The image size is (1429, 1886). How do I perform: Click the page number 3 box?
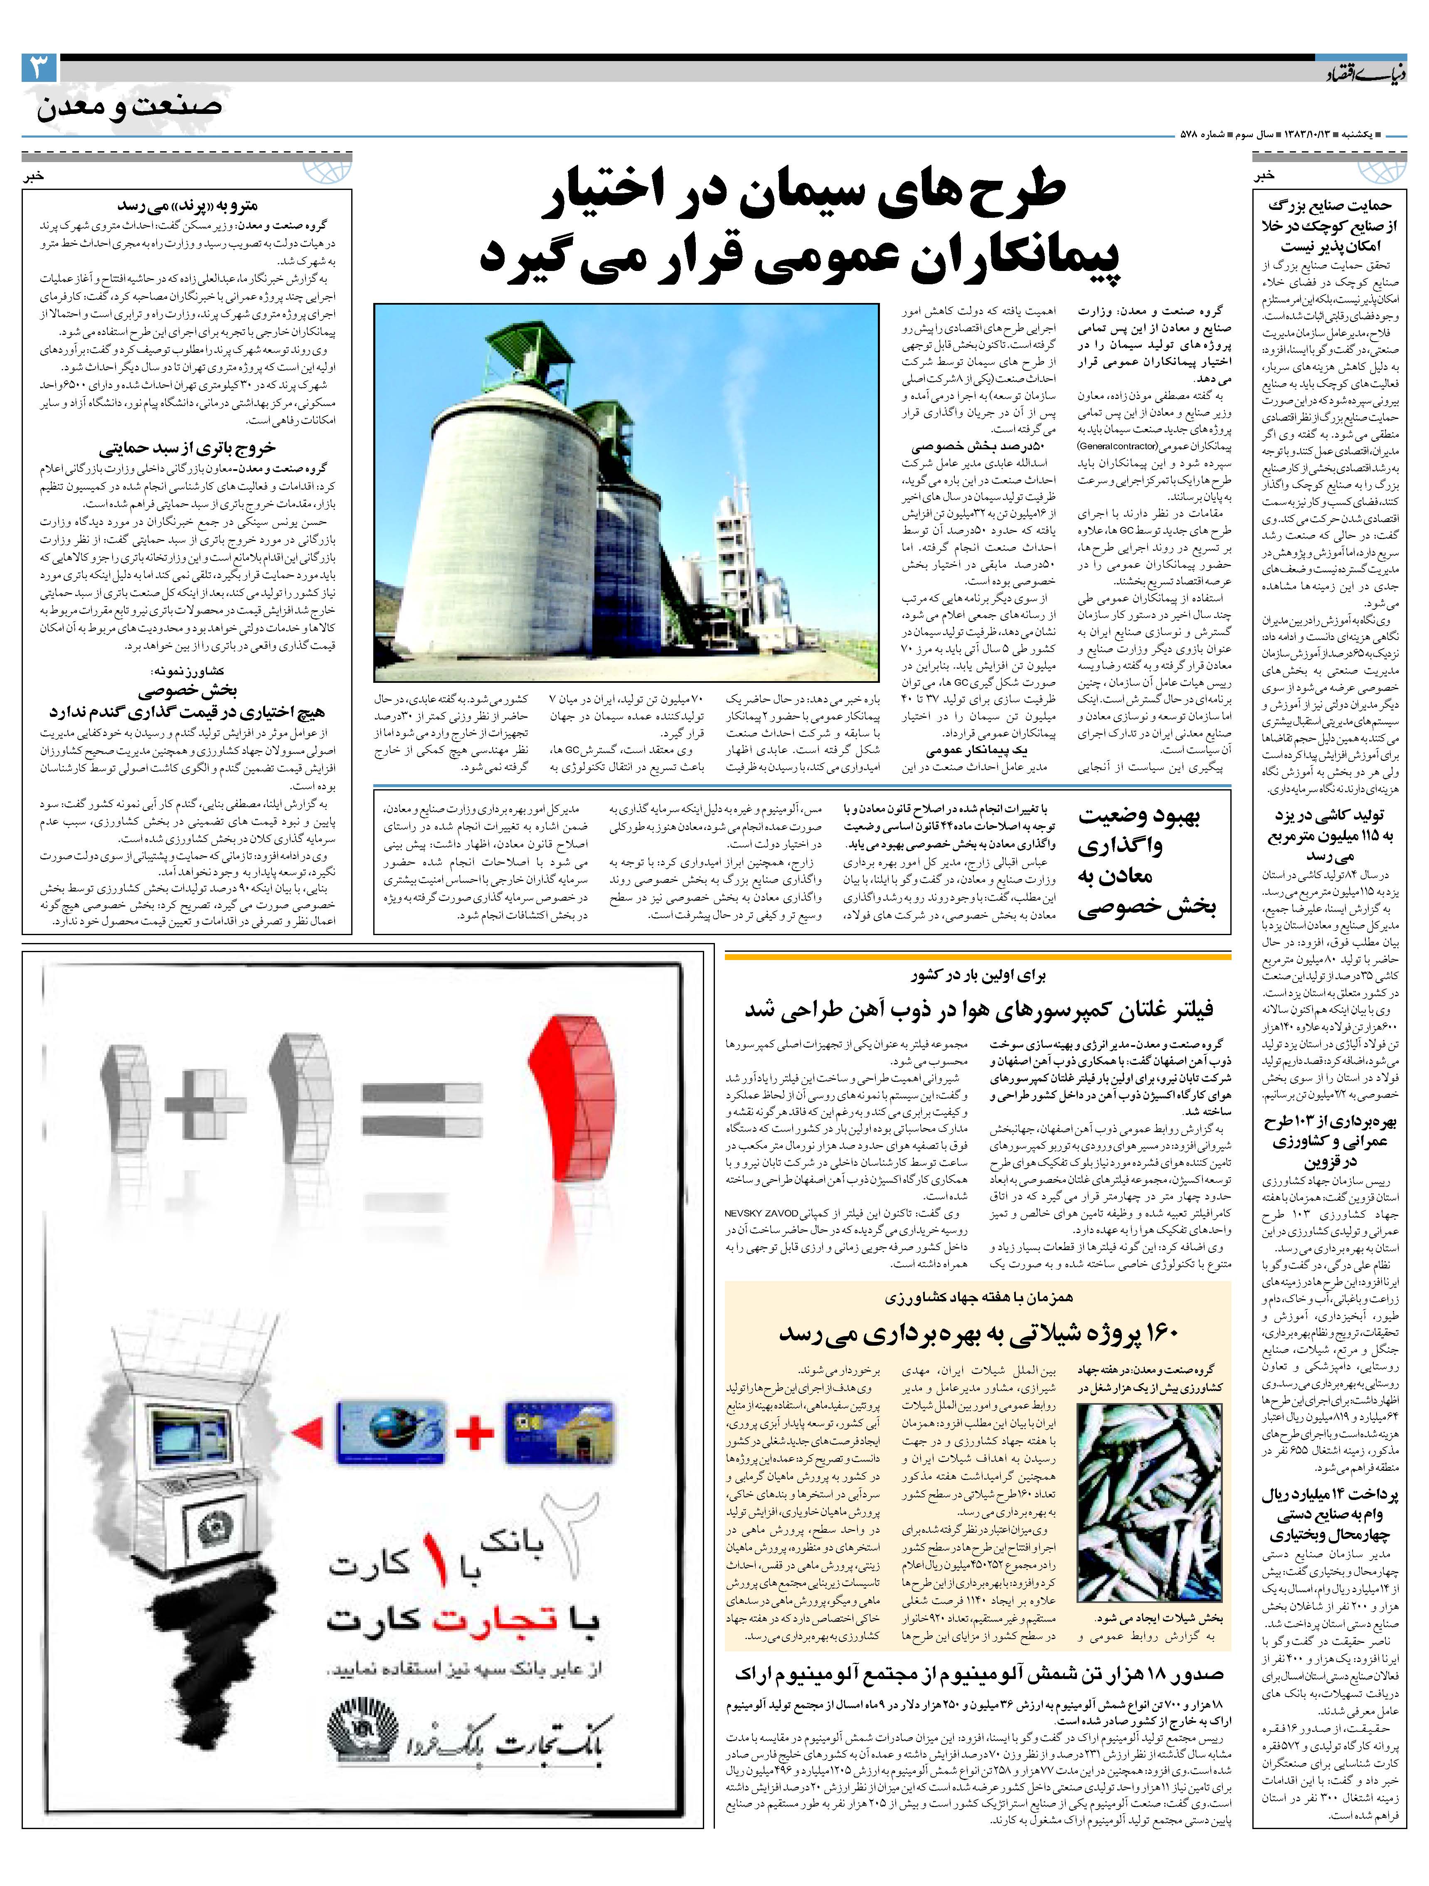click(38, 68)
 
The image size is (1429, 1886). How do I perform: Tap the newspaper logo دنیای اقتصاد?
click(1358, 76)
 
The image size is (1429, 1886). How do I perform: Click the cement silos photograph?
click(627, 493)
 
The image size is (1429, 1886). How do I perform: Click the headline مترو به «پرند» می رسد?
click(187, 205)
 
